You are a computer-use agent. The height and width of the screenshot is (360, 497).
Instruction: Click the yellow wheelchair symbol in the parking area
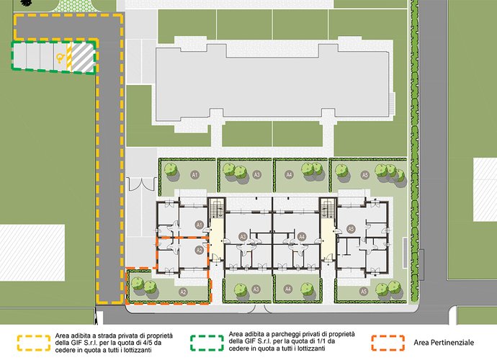point(60,58)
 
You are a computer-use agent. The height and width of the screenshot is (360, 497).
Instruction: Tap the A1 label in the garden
point(194,175)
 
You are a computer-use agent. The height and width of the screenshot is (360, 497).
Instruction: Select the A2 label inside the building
point(199,251)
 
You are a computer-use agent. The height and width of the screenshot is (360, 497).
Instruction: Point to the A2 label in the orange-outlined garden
point(183,292)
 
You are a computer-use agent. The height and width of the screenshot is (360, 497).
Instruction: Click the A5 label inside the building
point(351,229)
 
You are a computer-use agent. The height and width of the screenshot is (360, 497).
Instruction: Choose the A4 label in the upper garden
point(289,175)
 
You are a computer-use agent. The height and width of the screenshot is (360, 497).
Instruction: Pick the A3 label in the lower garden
point(256,289)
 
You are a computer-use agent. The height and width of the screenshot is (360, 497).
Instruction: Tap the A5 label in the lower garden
point(364,291)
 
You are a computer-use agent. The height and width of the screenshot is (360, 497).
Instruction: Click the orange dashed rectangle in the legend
point(388,343)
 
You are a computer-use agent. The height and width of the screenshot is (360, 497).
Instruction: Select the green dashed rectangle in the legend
point(207,343)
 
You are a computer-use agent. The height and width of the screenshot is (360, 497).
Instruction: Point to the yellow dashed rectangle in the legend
point(34,343)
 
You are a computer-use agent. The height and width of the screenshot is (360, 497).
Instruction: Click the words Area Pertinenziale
point(444,343)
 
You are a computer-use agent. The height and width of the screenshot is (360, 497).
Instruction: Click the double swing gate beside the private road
point(142,184)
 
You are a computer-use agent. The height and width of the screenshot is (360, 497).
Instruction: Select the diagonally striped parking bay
point(83,58)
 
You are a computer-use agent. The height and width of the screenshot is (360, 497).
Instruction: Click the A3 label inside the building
point(243,237)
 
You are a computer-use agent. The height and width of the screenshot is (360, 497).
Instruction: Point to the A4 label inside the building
point(302,237)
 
